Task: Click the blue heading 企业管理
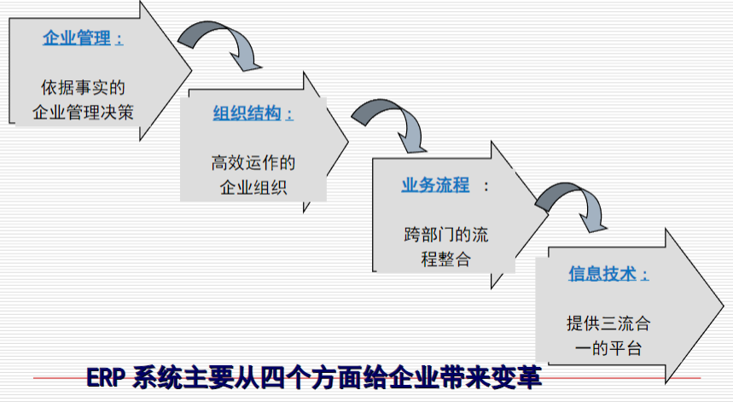click(77, 38)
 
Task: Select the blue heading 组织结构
click(247, 114)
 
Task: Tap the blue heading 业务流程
click(435, 185)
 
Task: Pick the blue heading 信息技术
click(602, 273)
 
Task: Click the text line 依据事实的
click(84, 87)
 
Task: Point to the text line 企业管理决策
click(84, 112)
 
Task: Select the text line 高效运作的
click(253, 163)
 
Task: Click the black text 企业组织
click(253, 188)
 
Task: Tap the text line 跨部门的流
click(446, 234)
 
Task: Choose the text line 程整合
click(446, 259)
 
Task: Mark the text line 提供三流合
click(608, 323)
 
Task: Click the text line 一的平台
click(608, 348)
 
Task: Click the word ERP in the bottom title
click(105, 378)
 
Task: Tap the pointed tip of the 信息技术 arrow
click(724, 306)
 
